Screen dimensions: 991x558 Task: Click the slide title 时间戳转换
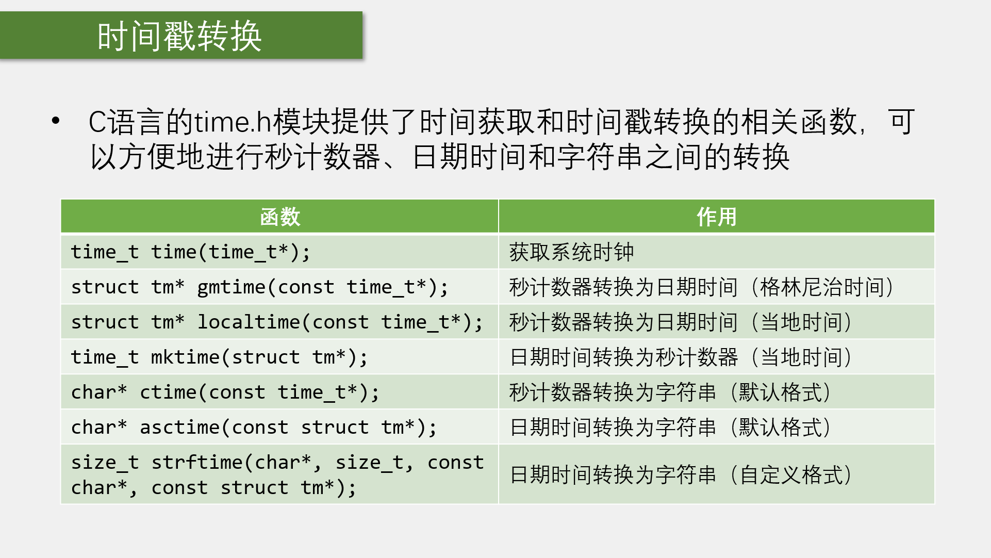click(x=179, y=36)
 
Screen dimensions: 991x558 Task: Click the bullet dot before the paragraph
click(x=56, y=121)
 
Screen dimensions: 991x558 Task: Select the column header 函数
click(x=280, y=217)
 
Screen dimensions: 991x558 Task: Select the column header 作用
click(x=717, y=217)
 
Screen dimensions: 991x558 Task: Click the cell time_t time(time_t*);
click(x=191, y=252)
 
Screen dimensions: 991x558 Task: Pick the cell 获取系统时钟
click(x=571, y=252)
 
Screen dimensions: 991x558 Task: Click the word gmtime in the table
click(x=232, y=287)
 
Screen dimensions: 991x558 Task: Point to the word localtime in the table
click(x=249, y=322)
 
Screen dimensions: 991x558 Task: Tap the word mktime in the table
click(x=185, y=357)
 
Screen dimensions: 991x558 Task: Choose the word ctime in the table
click(x=168, y=392)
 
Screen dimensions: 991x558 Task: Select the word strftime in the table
click(x=197, y=463)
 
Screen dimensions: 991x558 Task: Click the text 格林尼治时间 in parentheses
click(x=822, y=287)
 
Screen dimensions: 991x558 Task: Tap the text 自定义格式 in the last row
click(x=791, y=475)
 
